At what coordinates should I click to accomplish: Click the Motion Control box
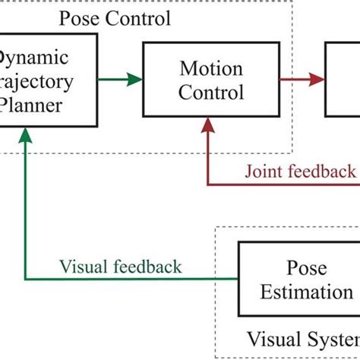pyautogui.click(x=211, y=81)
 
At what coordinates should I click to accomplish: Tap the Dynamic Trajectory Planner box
pyautogui.click(x=47, y=81)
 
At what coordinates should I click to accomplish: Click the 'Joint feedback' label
pyautogui.click(x=299, y=170)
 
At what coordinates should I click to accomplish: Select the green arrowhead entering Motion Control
pyautogui.click(x=135, y=78)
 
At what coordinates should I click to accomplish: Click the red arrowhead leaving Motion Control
pyautogui.click(x=314, y=78)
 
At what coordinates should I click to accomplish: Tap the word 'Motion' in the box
pyautogui.click(x=211, y=69)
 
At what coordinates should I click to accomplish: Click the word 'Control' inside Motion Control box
pyautogui.click(x=212, y=93)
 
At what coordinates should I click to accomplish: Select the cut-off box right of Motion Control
pyautogui.click(x=343, y=81)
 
